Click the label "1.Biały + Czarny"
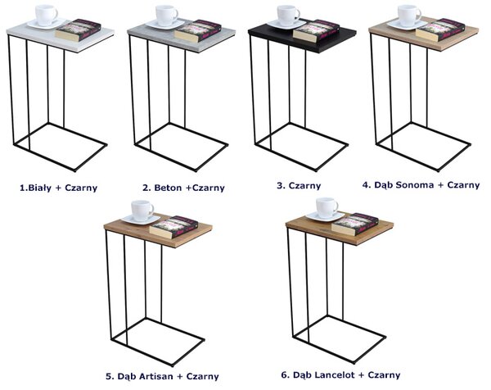click(x=59, y=188)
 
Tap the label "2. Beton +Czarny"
click(x=183, y=188)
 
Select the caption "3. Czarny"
click(x=299, y=186)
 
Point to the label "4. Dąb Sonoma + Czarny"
click(x=421, y=185)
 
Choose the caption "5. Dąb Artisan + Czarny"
click(x=162, y=376)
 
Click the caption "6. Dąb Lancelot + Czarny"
click(x=340, y=375)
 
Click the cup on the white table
click(x=46, y=15)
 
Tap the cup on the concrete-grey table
click(x=166, y=16)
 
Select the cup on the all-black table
click(x=288, y=16)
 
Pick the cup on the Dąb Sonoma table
click(x=408, y=16)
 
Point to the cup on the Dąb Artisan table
click(x=142, y=211)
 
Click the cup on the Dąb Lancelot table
click(x=327, y=208)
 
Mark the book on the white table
click(x=79, y=30)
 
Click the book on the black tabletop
click(x=316, y=30)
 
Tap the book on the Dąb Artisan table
click(x=173, y=227)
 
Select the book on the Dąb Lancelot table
click(x=355, y=224)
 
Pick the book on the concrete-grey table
click(x=198, y=30)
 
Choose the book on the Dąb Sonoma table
click(x=439, y=30)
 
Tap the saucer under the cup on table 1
click(x=47, y=24)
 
